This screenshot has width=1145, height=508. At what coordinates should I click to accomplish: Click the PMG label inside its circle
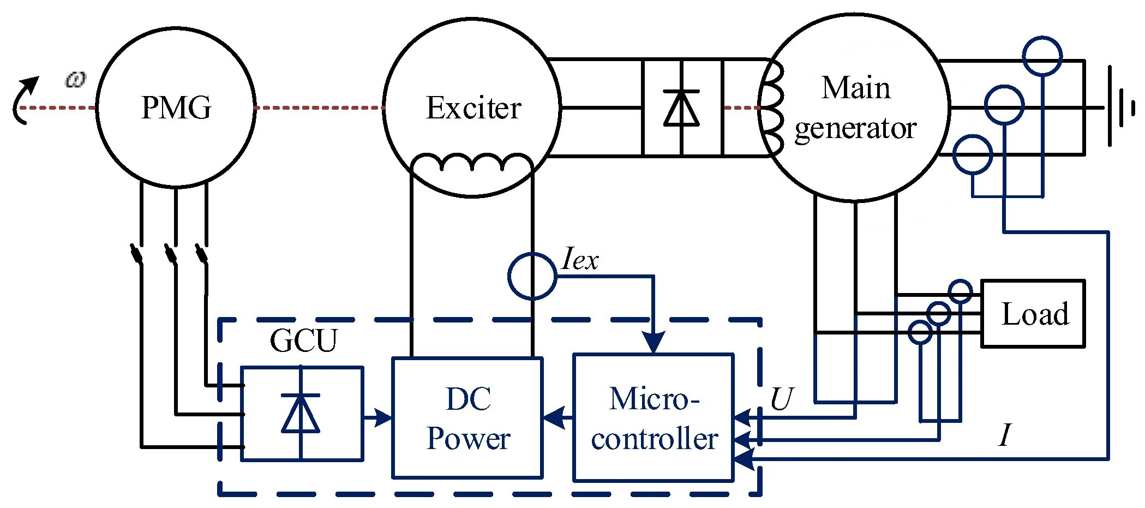176,107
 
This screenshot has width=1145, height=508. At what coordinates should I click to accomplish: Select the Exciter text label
473,107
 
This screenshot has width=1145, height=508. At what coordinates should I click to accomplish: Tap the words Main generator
855,108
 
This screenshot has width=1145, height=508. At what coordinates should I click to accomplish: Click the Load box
1033,314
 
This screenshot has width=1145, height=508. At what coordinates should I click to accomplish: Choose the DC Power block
467,418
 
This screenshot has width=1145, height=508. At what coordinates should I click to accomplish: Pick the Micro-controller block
654,418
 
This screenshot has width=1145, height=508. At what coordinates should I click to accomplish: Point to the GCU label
303,340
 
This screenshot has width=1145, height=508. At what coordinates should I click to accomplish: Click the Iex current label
580,259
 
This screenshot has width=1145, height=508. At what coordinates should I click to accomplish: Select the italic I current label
1004,435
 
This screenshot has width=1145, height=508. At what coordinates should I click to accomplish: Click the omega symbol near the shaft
75,80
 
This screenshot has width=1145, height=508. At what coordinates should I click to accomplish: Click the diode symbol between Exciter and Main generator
681,108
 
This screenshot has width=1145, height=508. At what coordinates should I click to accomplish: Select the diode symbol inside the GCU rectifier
301,413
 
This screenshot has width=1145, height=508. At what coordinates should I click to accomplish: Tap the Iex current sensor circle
532,276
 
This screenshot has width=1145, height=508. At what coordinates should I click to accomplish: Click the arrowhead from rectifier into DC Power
384,419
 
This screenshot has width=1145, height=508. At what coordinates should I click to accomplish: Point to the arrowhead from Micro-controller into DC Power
553,419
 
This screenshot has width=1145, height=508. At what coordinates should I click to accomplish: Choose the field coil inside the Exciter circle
471,163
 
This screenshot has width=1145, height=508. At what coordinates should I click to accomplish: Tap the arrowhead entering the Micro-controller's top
653,343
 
